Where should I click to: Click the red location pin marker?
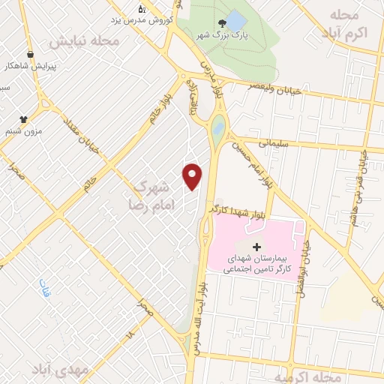coord(193,175)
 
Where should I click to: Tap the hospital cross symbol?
coord(256,247)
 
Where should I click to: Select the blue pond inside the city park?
coord(235,21)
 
